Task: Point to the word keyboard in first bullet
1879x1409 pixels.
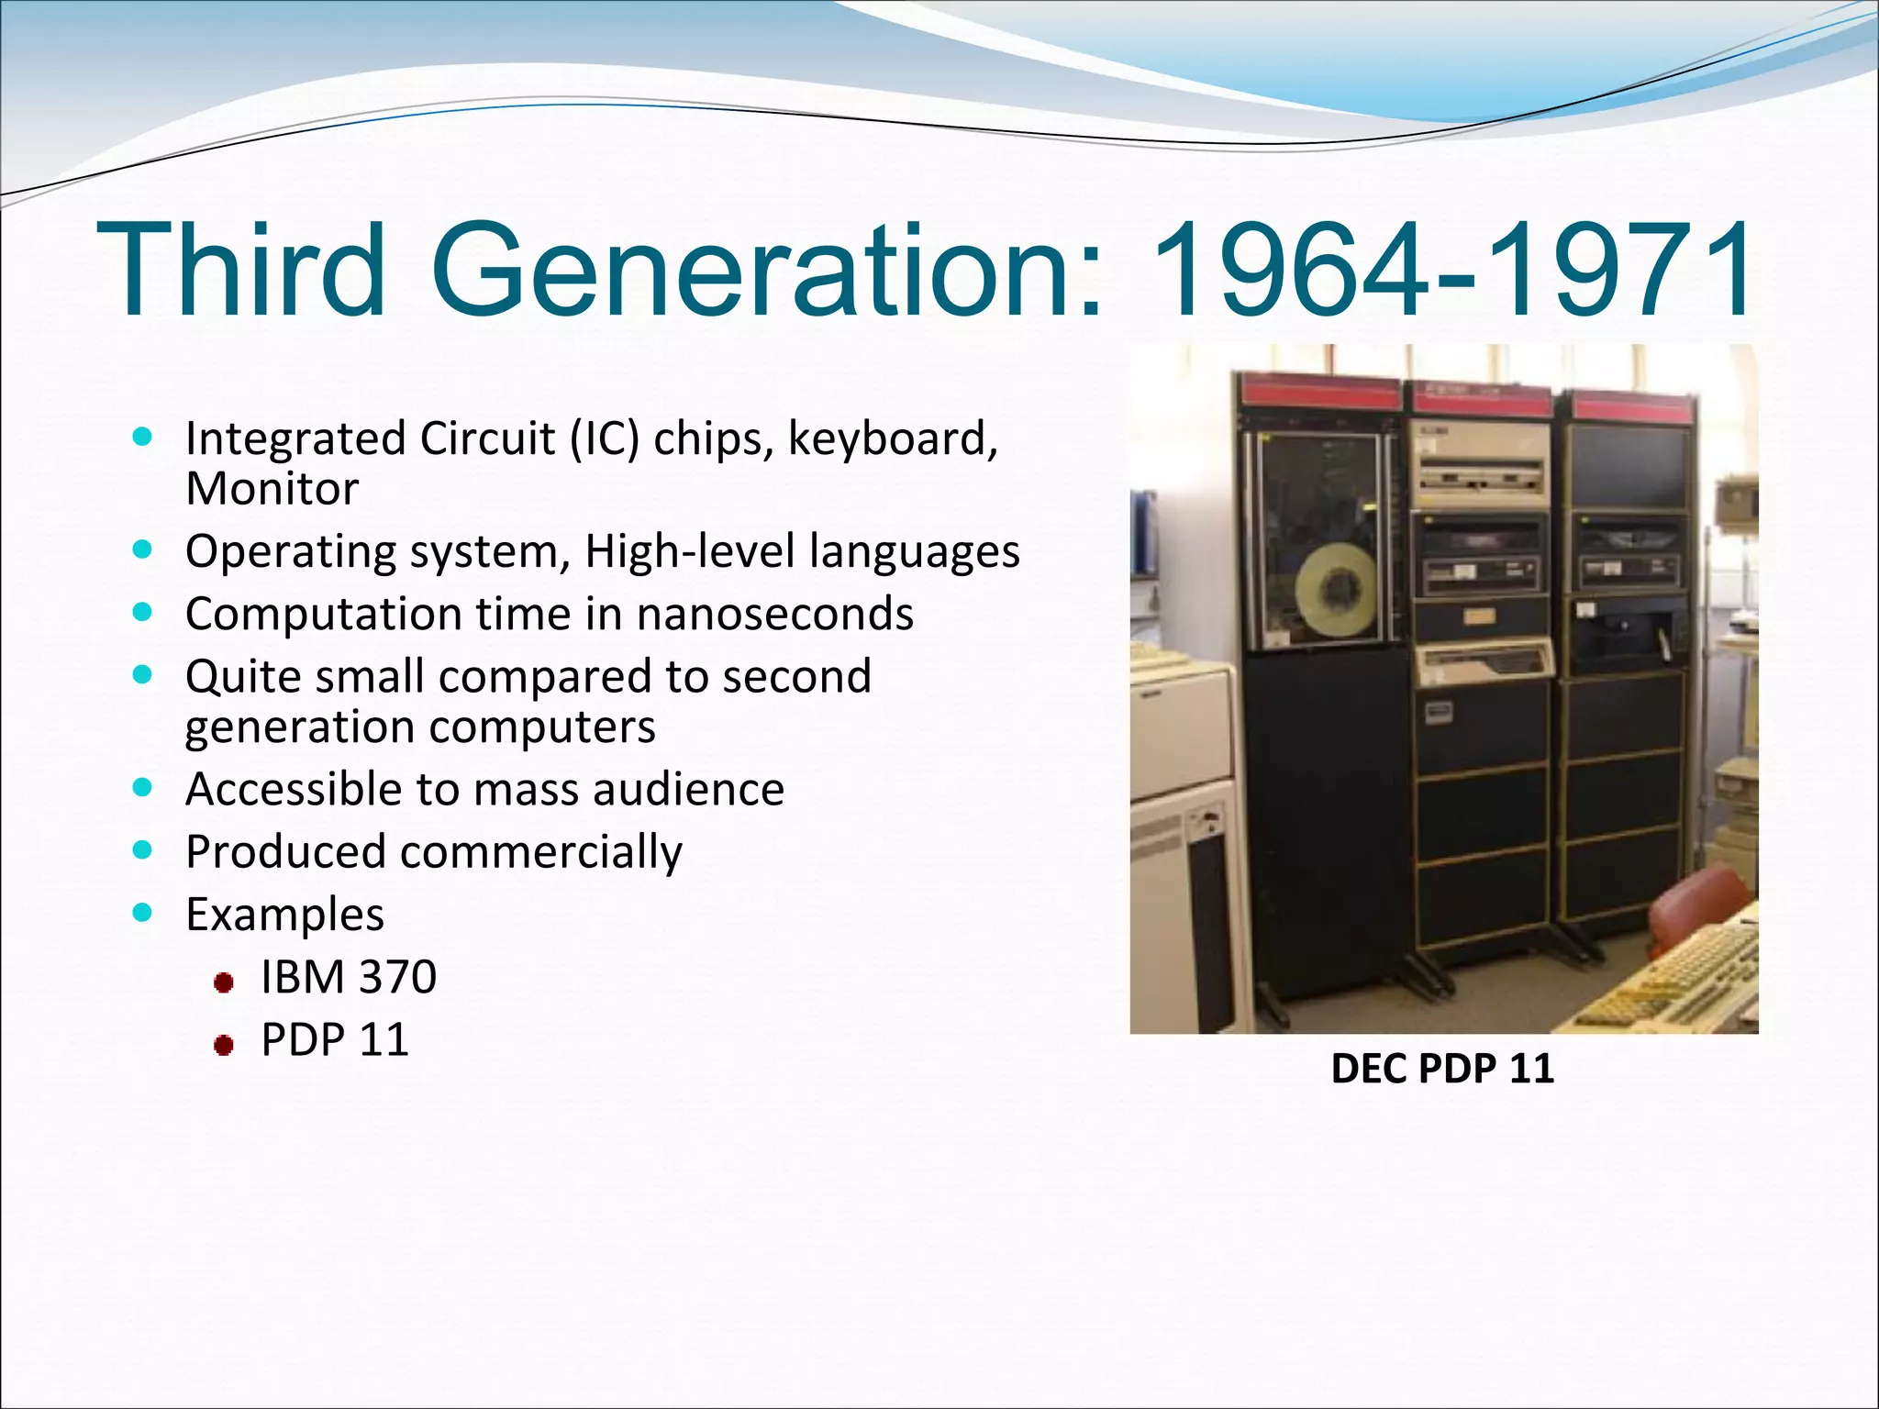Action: coord(892,439)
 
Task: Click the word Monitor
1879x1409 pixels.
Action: coord(272,489)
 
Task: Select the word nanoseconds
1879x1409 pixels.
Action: coord(775,614)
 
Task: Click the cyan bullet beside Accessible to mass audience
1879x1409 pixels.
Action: coord(141,788)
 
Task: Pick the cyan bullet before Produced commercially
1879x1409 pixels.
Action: coord(141,850)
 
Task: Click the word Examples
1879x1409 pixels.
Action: coord(284,915)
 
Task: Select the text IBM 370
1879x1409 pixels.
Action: coord(349,977)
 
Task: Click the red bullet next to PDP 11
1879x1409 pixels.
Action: coord(223,1045)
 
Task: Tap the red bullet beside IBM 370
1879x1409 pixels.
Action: coord(223,983)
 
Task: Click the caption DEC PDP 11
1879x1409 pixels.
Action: coord(1442,1069)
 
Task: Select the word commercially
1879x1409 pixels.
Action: coord(541,852)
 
